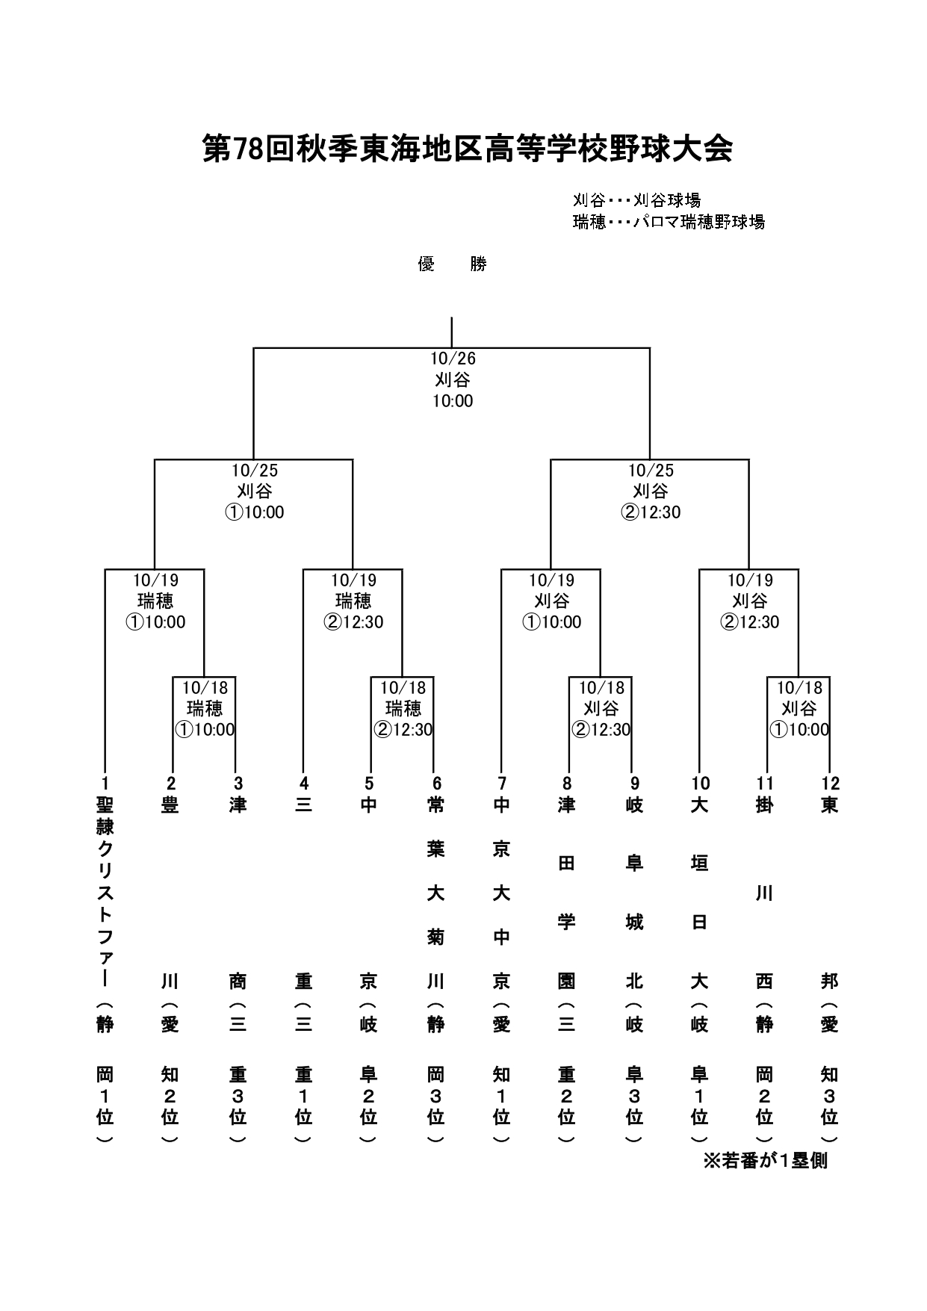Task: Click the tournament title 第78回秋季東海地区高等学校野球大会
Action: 467,149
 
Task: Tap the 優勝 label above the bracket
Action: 452,264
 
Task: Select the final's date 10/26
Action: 453,359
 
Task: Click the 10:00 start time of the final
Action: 453,401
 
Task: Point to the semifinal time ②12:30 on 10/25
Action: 650,512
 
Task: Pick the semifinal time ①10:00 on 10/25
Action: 254,512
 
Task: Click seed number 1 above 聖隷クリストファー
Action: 105,783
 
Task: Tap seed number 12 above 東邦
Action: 830,783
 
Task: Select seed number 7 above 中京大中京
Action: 502,783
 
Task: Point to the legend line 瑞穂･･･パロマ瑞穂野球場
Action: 669,222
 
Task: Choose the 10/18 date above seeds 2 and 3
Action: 205,687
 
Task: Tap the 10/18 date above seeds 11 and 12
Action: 799,687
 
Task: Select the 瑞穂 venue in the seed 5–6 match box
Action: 403,708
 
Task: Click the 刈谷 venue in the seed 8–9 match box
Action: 601,708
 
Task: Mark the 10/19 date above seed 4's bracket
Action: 353,580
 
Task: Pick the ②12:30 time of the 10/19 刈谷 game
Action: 749,622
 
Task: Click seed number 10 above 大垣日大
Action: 700,783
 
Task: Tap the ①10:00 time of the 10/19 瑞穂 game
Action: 155,622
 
